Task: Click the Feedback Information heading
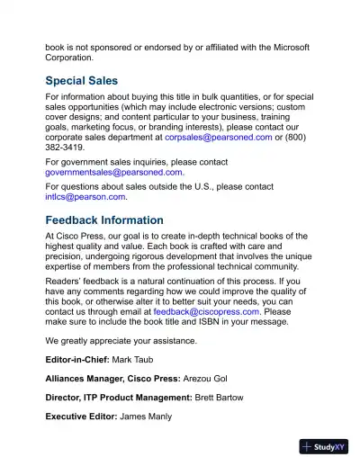pyautogui.click(x=104, y=220)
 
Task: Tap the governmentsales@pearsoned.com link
pyautogui.click(x=114, y=172)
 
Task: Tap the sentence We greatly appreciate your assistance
pyautogui.click(x=121, y=341)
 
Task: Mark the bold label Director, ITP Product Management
pyautogui.click(x=119, y=397)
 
